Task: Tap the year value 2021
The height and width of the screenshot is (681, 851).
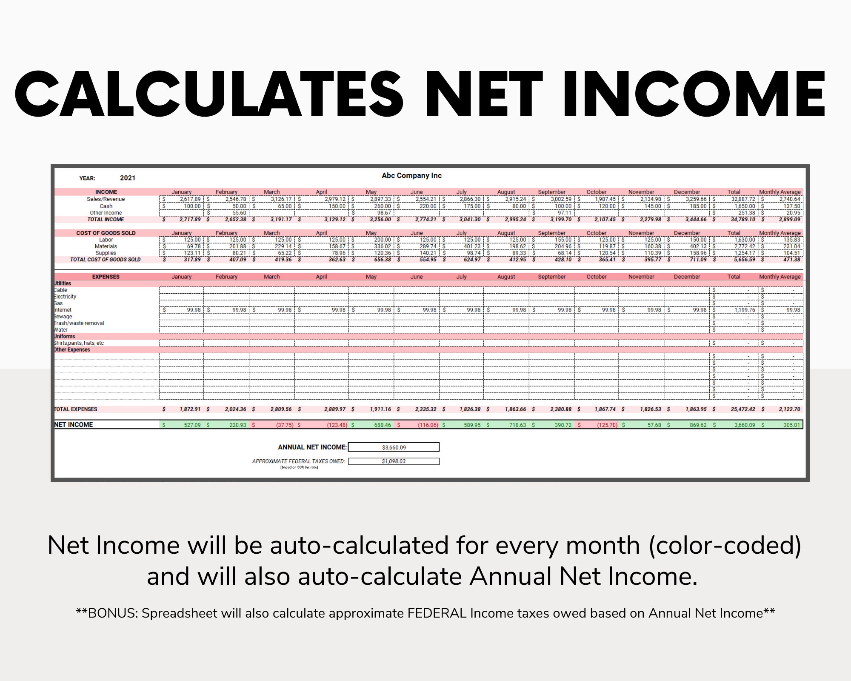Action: pyautogui.click(x=127, y=178)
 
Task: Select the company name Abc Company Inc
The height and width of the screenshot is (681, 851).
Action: pyautogui.click(x=411, y=175)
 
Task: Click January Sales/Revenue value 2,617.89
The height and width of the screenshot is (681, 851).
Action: pyautogui.click(x=190, y=199)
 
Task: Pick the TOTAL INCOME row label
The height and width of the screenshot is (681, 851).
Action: pyautogui.click(x=106, y=220)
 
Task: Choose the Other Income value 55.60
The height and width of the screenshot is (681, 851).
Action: pyautogui.click(x=239, y=213)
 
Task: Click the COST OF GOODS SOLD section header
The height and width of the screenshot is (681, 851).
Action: pyautogui.click(x=106, y=233)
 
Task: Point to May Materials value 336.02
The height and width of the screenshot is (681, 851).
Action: pyautogui.click(x=382, y=246)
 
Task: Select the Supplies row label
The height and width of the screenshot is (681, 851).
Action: pyautogui.click(x=106, y=253)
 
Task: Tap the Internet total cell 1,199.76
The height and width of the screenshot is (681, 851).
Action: pyautogui.click(x=745, y=310)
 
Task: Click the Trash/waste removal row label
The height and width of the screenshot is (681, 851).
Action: pyautogui.click(x=79, y=323)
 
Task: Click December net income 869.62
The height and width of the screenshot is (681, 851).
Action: pyautogui.click(x=698, y=425)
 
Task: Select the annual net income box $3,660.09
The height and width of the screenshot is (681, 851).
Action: pyautogui.click(x=394, y=447)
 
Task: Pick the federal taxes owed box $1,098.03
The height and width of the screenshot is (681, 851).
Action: pyautogui.click(x=394, y=461)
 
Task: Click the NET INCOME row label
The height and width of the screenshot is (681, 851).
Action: pyautogui.click(x=74, y=425)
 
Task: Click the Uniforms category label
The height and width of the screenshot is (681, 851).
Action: pyautogui.click(x=65, y=336)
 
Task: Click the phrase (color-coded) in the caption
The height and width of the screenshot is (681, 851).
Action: pyautogui.click(x=725, y=545)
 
